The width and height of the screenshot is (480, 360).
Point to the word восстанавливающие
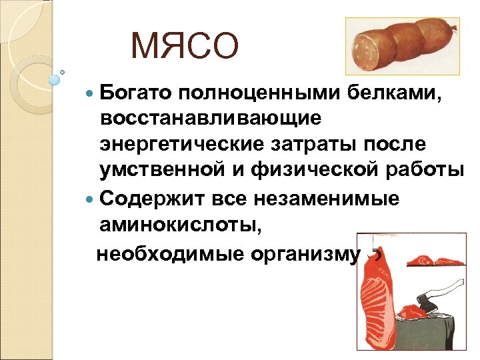click(211, 119)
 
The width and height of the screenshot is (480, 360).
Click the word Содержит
click(150, 198)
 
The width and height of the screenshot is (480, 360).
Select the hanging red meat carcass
click(377, 300)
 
